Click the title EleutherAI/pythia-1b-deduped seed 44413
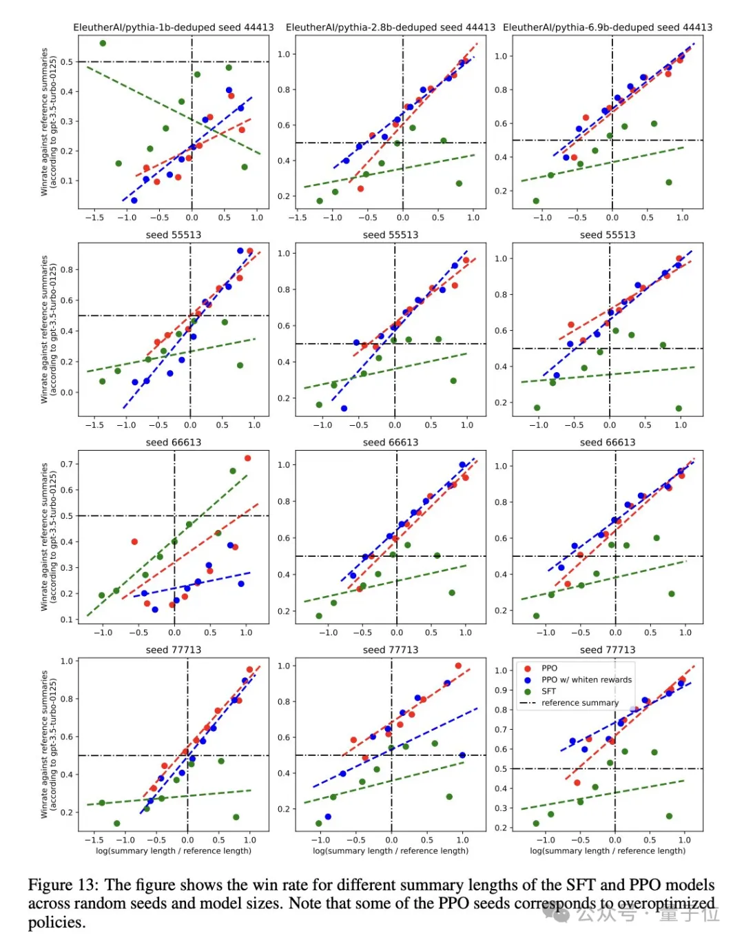174,28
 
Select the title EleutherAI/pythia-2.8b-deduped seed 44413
391,28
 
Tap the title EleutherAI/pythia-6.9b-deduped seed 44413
608,28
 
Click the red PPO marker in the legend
528,668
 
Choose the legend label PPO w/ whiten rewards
586,679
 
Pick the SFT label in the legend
548,691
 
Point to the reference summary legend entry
580,703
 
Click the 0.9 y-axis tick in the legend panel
501,690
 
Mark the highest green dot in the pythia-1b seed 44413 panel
103,43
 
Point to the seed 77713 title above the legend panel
608,650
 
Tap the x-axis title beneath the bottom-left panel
174,851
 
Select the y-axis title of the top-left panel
48,121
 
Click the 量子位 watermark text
689,914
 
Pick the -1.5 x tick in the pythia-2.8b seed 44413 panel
298,218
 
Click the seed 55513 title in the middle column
391,235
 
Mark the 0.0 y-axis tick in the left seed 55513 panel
66,393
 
